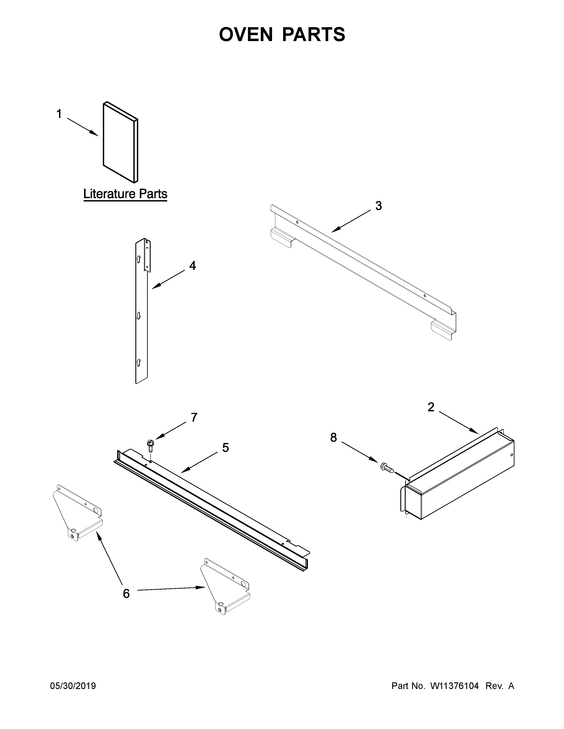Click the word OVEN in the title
click(246, 34)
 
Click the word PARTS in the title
click(313, 34)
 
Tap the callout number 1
click(59, 114)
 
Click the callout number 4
click(192, 266)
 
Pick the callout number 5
click(226, 448)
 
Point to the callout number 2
click(431, 407)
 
